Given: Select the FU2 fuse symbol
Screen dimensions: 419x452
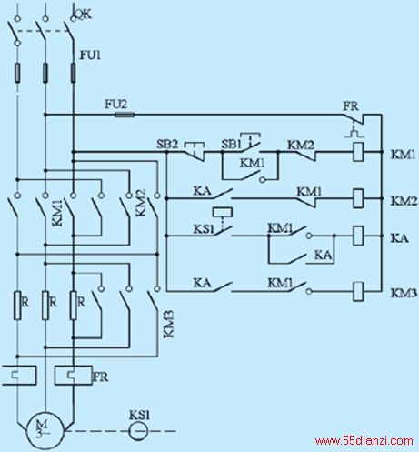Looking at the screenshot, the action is click(x=125, y=115).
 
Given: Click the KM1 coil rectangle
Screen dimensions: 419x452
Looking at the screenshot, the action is click(x=358, y=152).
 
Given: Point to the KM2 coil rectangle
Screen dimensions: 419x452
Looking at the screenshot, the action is click(x=358, y=198).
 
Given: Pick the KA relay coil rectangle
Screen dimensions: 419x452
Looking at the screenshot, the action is click(x=358, y=236).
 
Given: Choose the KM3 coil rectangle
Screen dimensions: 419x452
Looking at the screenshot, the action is click(x=358, y=292).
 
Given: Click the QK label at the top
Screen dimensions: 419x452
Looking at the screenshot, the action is click(x=83, y=14).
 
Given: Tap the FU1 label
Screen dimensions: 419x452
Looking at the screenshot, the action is click(x=90, y=55).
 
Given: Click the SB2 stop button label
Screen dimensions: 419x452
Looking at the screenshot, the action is click(x=167, y=144).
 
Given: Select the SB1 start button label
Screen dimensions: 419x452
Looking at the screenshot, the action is click(x=231, y=144).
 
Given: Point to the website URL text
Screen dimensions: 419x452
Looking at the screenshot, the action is click(x=364, y=441).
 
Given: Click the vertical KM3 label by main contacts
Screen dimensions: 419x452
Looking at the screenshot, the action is click(x=169, y=324).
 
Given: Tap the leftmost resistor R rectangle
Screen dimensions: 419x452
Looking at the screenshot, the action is click(x=17, y=306).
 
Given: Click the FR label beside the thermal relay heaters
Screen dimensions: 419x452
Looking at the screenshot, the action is click(x=100, y=377).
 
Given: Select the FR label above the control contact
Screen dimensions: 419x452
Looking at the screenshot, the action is click(x=351, y=106).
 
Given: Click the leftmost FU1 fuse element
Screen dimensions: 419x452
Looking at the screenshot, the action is click(x=17, y=73).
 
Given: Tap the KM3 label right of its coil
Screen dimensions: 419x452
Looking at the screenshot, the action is click(x=404, y=293).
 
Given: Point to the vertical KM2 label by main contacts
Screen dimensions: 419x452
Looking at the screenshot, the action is click(x=141, y=203).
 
